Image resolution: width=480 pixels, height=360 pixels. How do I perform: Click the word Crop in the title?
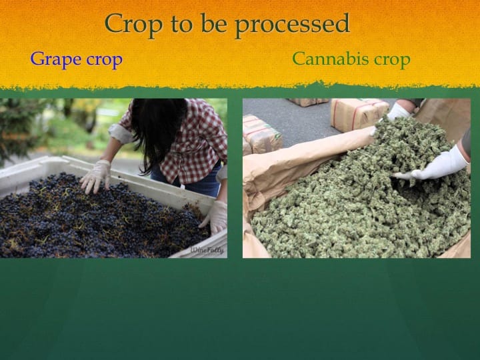coord(133,23)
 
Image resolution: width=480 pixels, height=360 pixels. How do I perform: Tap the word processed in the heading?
coord(293,24)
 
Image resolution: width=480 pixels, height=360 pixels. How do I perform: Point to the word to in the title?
coord(181,24)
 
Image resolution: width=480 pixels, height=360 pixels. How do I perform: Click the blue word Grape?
coord(56,59)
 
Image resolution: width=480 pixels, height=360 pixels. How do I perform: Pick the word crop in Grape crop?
coord(105,61)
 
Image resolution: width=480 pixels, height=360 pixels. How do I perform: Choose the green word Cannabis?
coord(331,59)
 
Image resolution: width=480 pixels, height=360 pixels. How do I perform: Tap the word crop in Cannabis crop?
coord(393,60)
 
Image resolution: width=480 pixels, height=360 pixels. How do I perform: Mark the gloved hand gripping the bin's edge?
coord(215,217)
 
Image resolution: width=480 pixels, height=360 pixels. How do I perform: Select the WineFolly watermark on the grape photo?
coord(207,250)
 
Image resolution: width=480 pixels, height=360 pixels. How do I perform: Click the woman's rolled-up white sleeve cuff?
coord(121,133)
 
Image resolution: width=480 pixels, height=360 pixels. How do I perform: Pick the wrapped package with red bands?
coord(358,115)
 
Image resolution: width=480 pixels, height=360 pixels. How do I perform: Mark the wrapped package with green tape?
coord(261,134)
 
